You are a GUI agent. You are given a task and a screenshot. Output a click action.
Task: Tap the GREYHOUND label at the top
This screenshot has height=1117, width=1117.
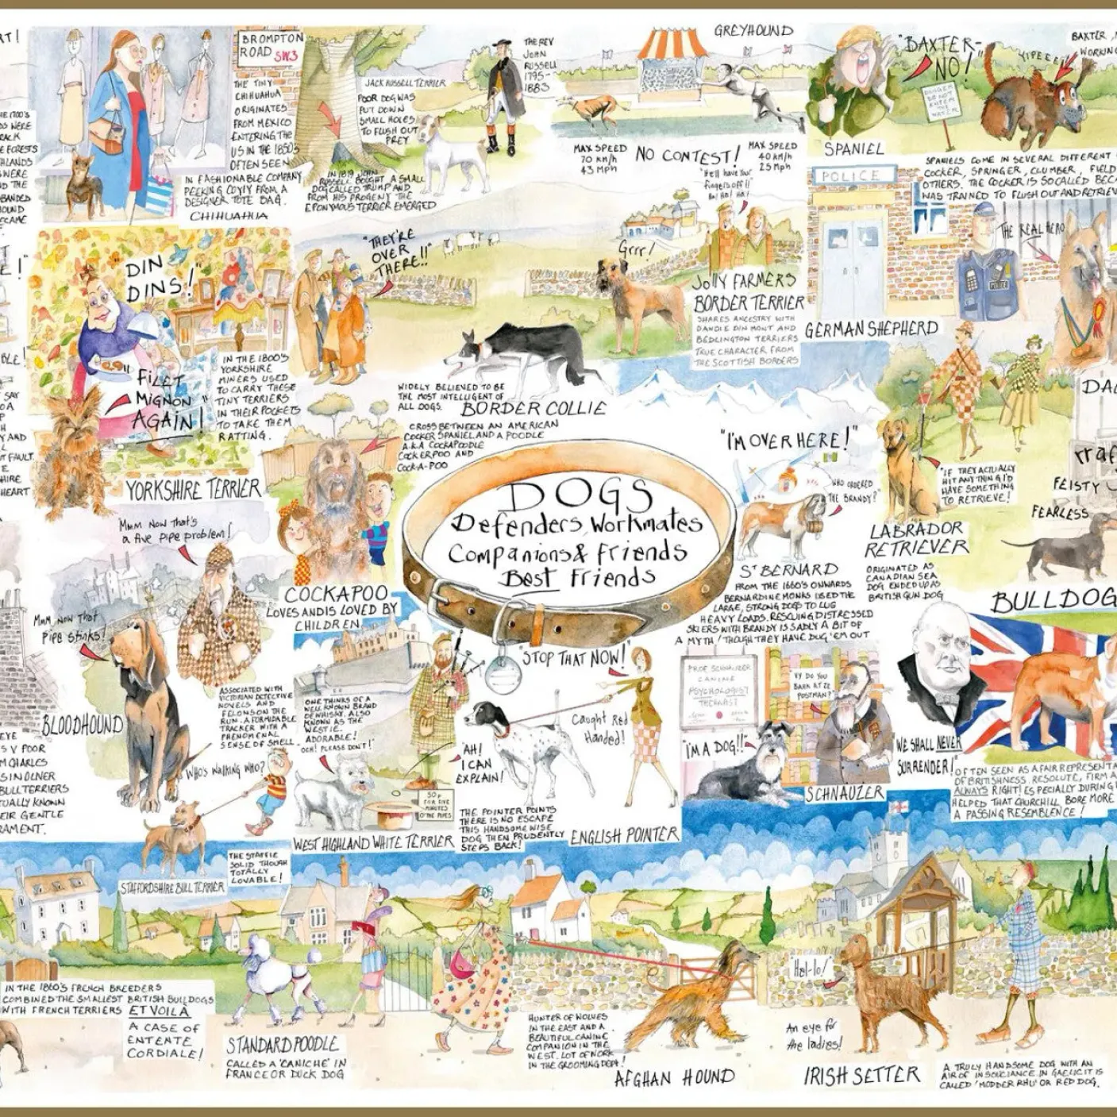pos(753,32)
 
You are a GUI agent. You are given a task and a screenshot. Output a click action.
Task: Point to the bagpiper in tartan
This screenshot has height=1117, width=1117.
pos(438,699)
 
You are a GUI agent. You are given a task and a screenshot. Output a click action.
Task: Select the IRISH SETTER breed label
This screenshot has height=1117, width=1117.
pos(861,1076)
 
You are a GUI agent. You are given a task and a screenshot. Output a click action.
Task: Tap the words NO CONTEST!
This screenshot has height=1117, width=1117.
pos(688,154)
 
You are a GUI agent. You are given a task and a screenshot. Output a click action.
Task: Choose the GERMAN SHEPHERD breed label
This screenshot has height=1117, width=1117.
pos(871,328)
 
